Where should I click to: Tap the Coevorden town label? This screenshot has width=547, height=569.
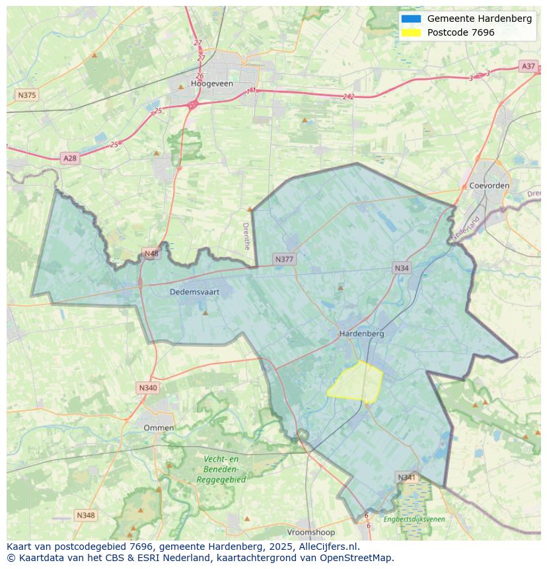tap(489, 186)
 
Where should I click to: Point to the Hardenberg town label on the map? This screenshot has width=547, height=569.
tap(361, 334)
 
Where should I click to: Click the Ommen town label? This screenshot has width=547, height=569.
tap(159, 428)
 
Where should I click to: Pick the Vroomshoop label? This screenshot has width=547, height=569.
tap(311, 532)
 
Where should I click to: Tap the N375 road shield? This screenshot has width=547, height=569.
tap(27, 95)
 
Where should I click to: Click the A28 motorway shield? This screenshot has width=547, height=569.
tap(69, 158)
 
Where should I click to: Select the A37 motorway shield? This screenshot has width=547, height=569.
tap(528, 66)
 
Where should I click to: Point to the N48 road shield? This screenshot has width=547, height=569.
tap(151, 254)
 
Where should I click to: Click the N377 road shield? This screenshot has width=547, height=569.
tap(284, 260)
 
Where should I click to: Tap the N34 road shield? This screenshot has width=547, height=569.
tap(401, 268)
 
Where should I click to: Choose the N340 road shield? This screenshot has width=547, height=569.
tap(148, 388)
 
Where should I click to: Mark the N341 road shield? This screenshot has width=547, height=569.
tap(407, 477)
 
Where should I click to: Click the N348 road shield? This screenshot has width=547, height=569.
tap(85, 515)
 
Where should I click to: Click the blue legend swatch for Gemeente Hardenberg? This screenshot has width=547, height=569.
tap(410, 19)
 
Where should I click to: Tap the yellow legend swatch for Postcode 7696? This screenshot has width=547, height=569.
tap(410, 33)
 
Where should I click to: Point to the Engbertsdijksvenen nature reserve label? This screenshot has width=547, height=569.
tap(414, 519)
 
